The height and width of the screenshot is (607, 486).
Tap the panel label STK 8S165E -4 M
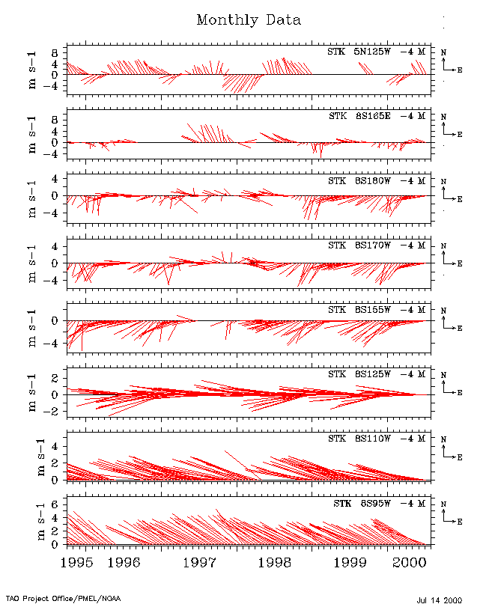(377, 117)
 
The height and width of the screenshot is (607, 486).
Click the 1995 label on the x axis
(75, 561)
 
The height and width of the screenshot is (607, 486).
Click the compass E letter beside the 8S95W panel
(460, 520)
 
